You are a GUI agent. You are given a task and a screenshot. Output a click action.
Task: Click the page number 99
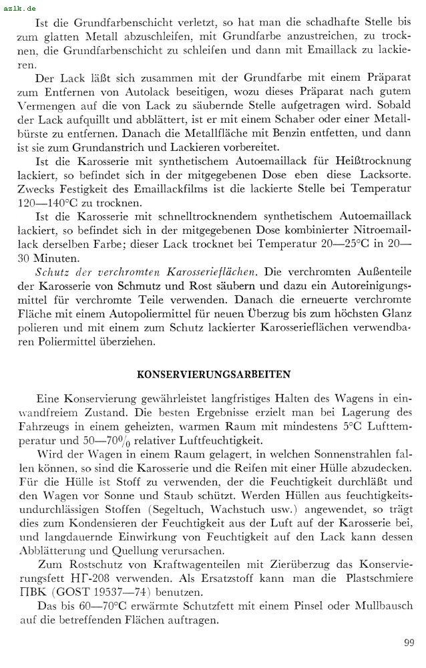click(409, 643)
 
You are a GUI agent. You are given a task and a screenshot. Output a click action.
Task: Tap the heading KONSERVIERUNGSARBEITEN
click(214, 374)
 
